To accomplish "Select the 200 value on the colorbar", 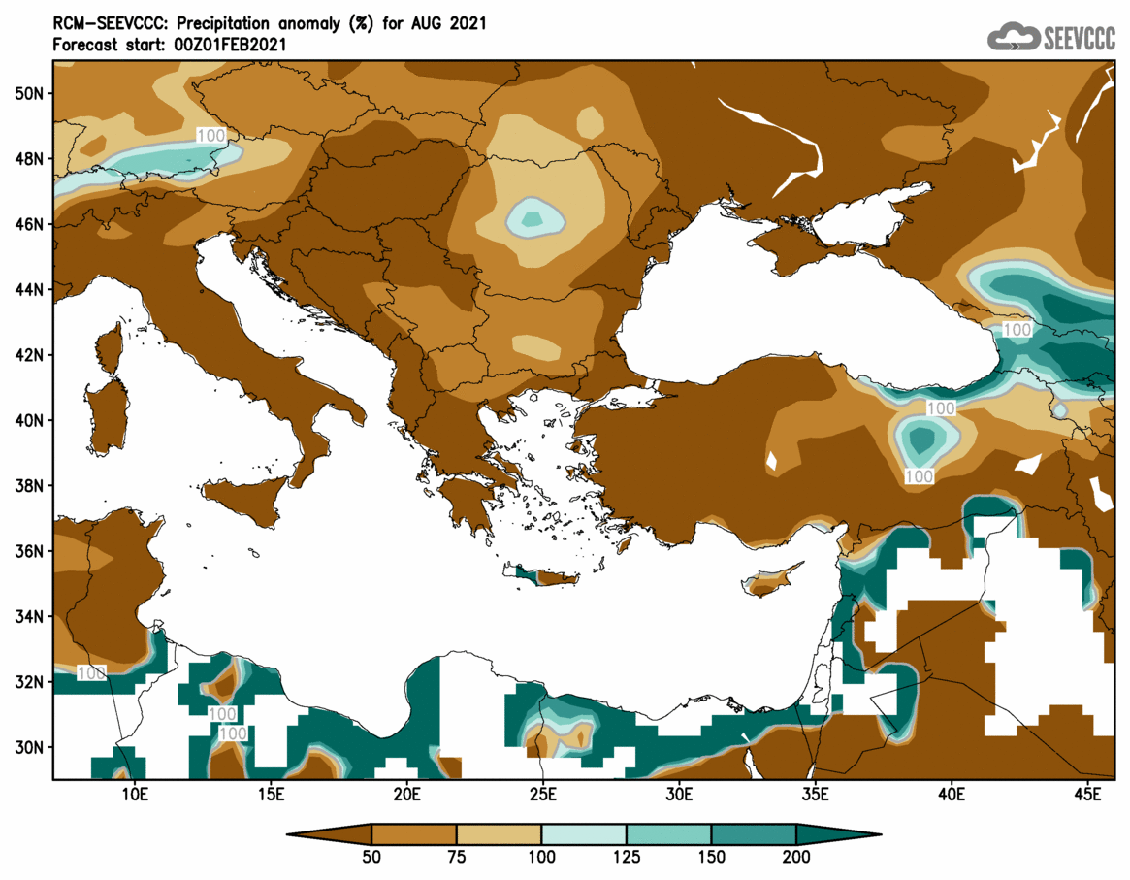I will tap(796, 858).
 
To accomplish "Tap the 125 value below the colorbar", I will tap(627, 858).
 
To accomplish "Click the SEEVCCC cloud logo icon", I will tap(1013, 37).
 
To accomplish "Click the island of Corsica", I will tap(110, 347).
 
